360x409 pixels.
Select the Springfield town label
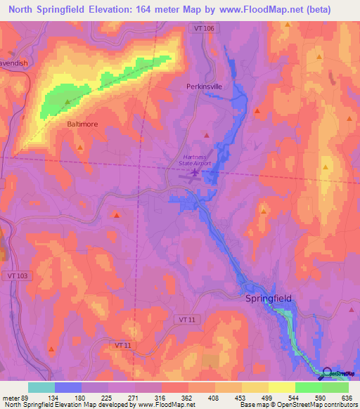(x=267, y=299)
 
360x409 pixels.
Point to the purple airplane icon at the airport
(x=194, y=171)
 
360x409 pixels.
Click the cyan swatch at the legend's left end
(x=41, y=387)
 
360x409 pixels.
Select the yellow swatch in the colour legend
(x=281, y=387)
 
